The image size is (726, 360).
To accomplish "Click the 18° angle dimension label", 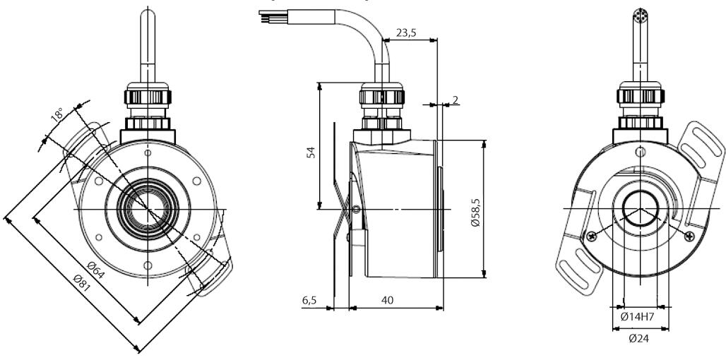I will tap(57, 114).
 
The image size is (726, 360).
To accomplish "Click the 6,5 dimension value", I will tap(309, 300).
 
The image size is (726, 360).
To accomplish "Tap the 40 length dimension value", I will tap(387, 300).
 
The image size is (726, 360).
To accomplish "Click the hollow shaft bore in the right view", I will tap(641, 210).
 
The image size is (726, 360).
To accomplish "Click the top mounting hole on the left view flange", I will tap(147, 152).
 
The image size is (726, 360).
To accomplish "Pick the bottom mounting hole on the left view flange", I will tap(147, 266).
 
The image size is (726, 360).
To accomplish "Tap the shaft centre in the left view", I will tap(148, 209).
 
